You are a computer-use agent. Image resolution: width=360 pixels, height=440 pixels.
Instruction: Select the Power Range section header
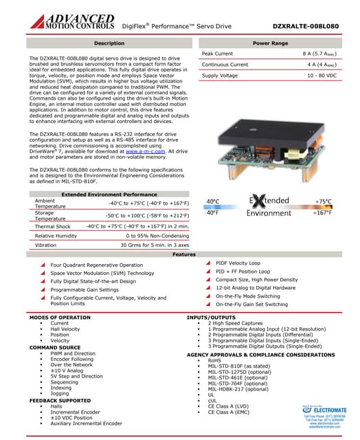(x=270, y=43)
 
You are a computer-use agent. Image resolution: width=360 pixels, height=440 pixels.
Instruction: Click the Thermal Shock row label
(x=53, y=225)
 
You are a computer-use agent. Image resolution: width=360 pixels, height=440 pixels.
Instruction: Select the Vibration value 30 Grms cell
(x=144, y=244)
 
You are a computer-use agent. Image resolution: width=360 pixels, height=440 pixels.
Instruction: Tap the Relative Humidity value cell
(x=144, y=235)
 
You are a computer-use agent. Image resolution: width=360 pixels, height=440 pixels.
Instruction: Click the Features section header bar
(x=180, y=254)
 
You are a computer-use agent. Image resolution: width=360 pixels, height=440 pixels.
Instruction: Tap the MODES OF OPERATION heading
(x=60, y=317)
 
